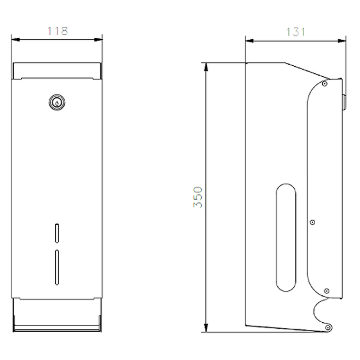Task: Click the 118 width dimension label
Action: pyautogui.click(x=58, y=31)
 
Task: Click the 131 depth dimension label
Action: pyautogui.click(x=296, y=32)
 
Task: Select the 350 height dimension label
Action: pyautogui.click(x=197, y=197)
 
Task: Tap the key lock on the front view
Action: pyautogui.click(x=57, y=102)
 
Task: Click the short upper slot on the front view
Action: pyautogui.click(x=57, y=233)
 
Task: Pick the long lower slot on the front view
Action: pyautogui.click(x=57, y=267)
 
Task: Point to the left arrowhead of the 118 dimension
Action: pyautogui.click(x=15, y=40)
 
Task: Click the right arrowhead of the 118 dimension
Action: pyautogui.click(x=98, y=40)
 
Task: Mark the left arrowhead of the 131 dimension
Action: pyautogui.click(x=249, y=41)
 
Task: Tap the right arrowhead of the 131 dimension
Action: pyautogui.click(x=342, y=41)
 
